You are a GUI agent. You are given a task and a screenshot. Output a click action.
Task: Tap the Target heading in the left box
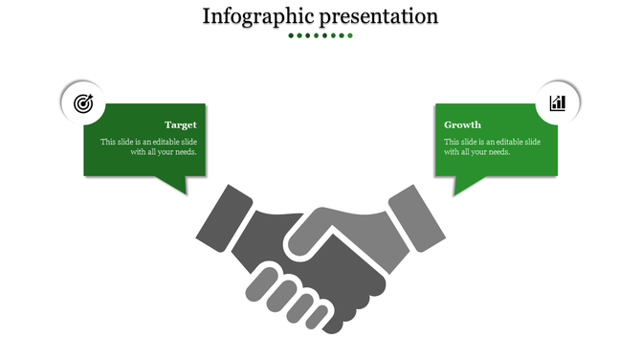181,124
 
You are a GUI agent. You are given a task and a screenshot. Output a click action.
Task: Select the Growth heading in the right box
463,124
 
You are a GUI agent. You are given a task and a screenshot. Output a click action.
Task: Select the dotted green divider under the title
320,35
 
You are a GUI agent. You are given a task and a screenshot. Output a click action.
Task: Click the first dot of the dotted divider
291,35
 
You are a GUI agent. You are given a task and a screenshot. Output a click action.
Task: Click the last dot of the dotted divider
350,35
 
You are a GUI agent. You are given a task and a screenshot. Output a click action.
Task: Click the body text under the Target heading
149,146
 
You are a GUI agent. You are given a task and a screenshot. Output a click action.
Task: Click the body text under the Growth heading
492,146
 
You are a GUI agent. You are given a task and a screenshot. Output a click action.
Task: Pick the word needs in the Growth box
498,151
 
